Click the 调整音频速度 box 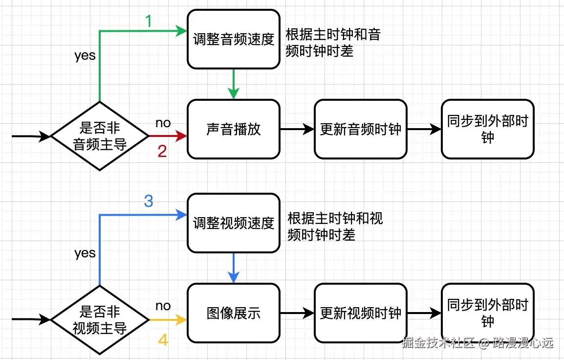tap(234, 40)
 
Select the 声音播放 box tap(234, 129)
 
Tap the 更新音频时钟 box tap(360, 129)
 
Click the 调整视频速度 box tap(234, 223)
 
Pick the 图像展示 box tap(234, 313)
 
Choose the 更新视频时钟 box tap(360, 313)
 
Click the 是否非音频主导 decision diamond tap(100, 136)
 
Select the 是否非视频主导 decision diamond tap(100, 320)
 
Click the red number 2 tap(162, 151)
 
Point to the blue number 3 tap(149, 201)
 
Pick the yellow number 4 tap(163, 339)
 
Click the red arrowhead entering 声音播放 tap(182, 136)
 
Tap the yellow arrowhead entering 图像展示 tap(182, 320)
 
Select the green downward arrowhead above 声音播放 tap(234, 93)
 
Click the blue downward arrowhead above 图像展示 tap(234, 277)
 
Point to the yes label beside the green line tap(85, 55)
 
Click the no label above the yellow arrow tap(163, 306)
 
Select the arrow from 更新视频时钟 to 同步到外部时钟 tap(424, 313)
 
